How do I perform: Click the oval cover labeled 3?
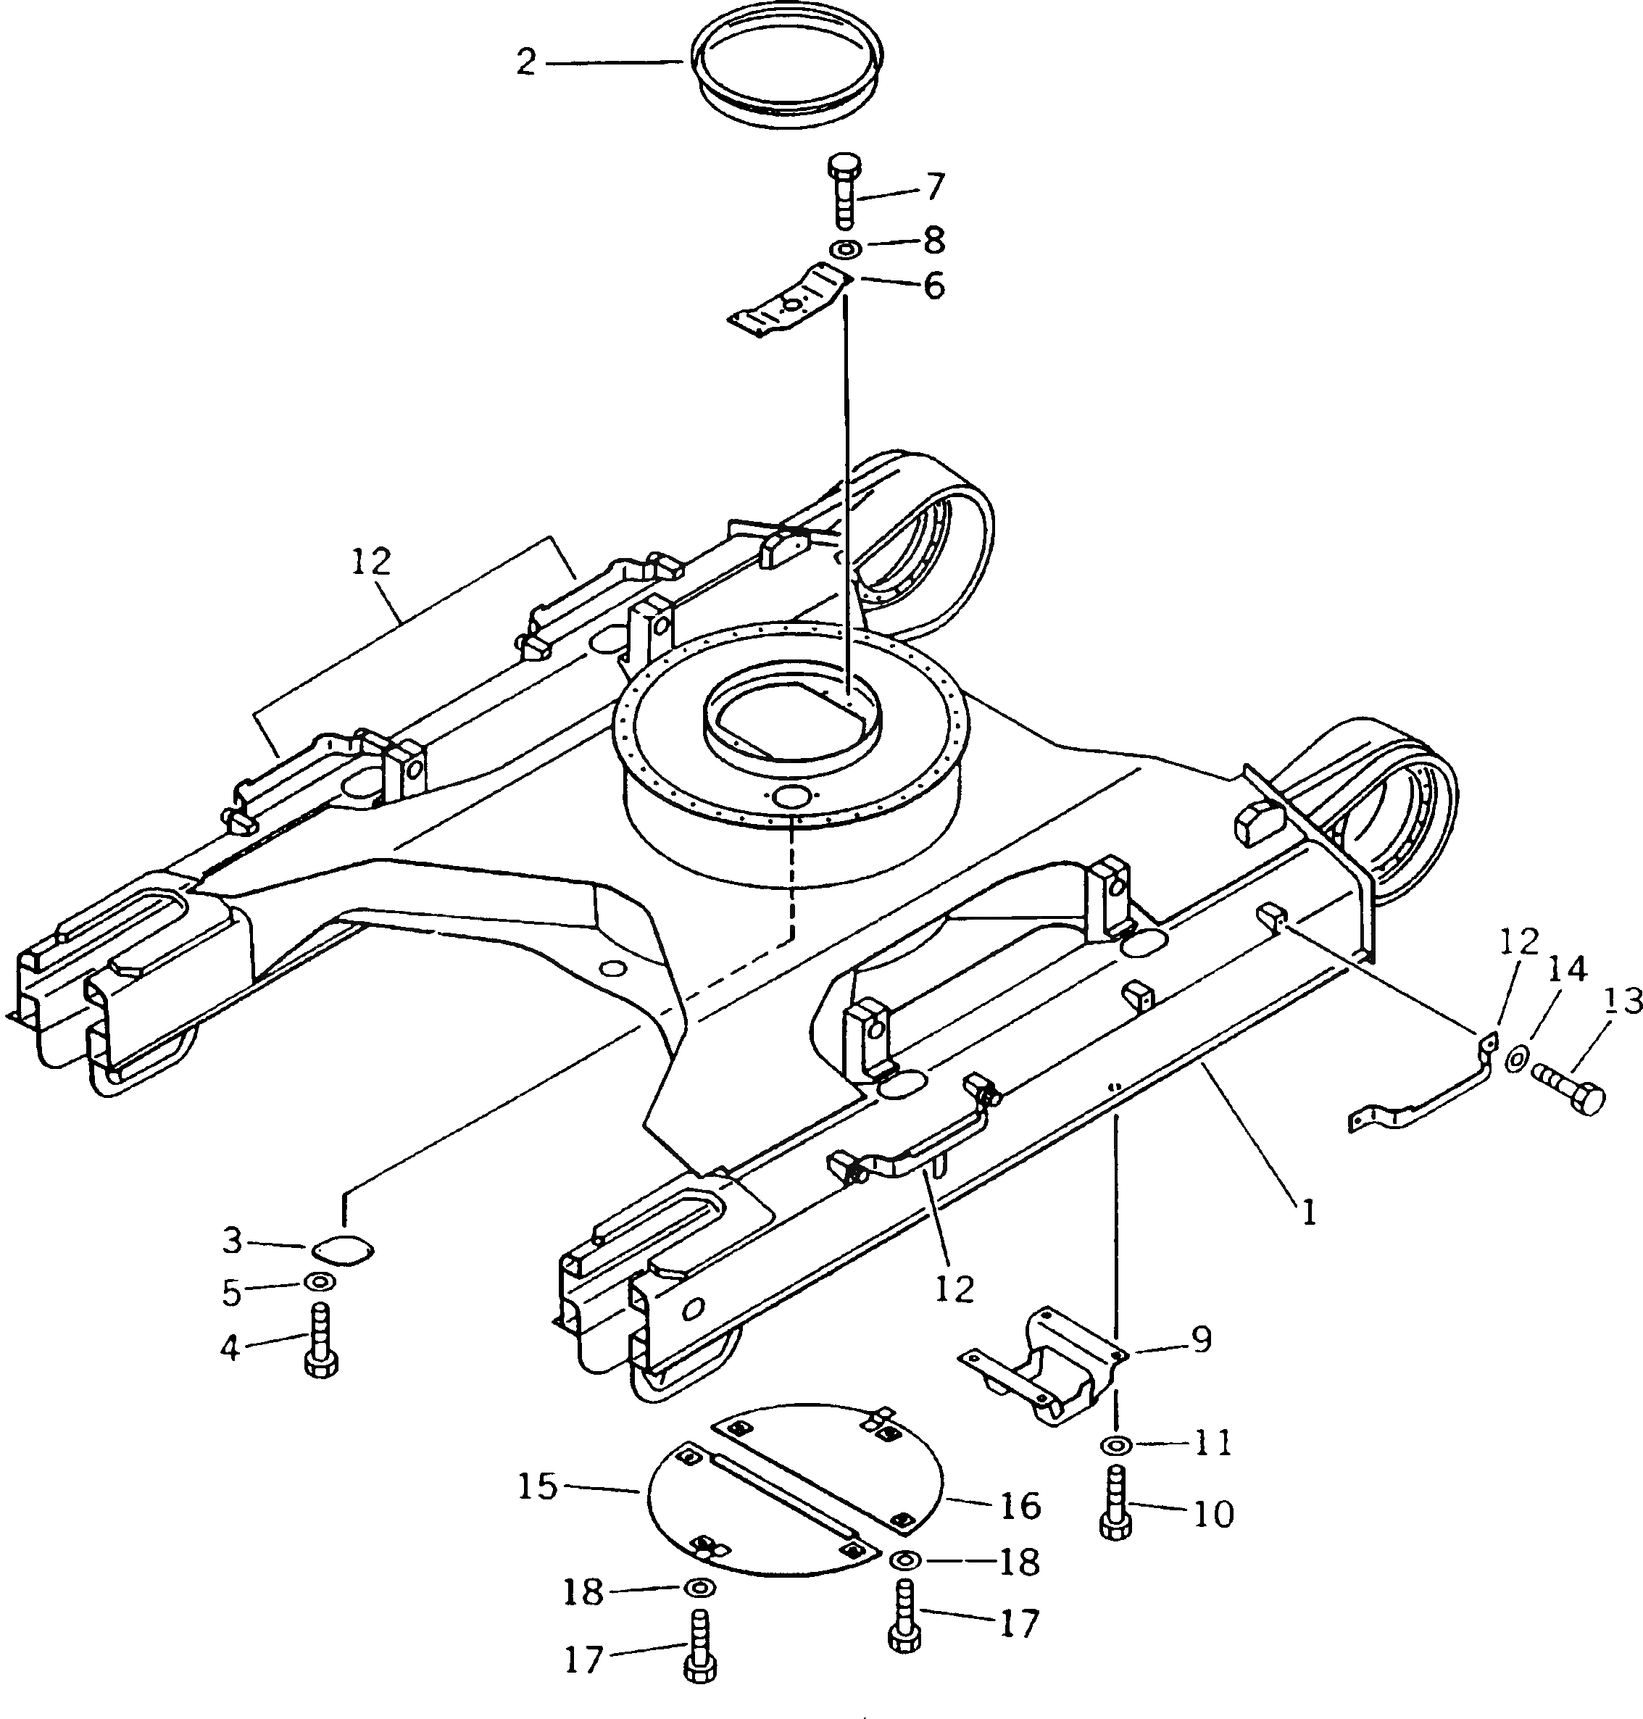coord(342,1252)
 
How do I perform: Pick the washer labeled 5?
coord(319,1283)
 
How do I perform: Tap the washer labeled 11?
coord(1115,1444)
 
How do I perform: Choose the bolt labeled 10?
coord(1115,1503)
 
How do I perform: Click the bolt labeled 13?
coord(1572,1094)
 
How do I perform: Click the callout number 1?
coord(1307,1213)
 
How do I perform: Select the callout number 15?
coord(537,1486)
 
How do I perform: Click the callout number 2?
coord(525,62)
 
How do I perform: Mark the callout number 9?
coord(1202,1340)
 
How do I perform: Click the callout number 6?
coord(934,286)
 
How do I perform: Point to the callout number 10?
coord(1213,1513)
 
